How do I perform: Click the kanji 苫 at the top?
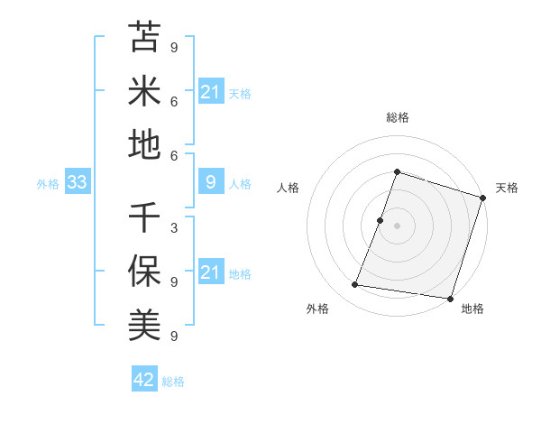click(x=144, y=37)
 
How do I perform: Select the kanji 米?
click(x=144, y=90)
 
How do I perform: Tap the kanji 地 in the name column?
click(x=144, y=144)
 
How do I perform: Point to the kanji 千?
click(x=144, y=217)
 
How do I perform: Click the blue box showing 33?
click(x=77, y=183)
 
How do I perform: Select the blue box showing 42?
click(x=144, y=380)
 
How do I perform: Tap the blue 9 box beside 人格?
click(x=210, y=183)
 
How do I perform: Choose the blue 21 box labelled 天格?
click(x=210, y=92)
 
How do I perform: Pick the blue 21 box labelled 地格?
click(x=210, y=272)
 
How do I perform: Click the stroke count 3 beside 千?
click(x=173, y=227)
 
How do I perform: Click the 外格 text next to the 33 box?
click(x=48, y=184)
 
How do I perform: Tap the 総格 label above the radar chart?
click(x=397, y=117)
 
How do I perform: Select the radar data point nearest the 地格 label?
click(x=450, y=299)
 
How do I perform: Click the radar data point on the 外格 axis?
click(x=355, y=285)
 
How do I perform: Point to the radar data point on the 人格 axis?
click(x=381, y=220)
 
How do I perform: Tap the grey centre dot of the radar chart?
click(x=397, y=226)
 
